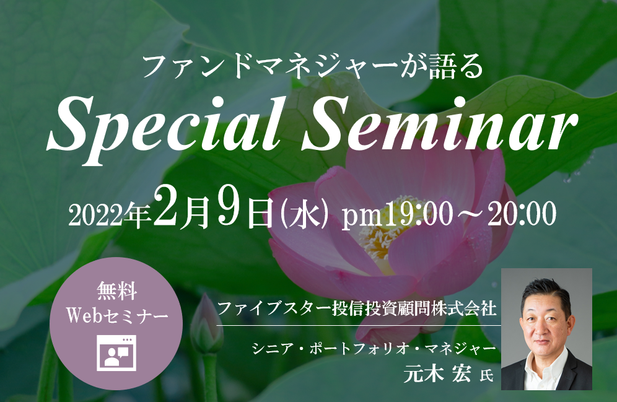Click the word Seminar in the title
point(440,124)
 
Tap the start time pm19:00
point(397,215)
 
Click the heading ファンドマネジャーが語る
point(313,66)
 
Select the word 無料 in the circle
point(117,292)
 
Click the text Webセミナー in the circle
point(117,315)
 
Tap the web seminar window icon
point(117,353)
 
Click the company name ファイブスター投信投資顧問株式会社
point(356,308)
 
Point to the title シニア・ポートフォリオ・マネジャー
point(374,349)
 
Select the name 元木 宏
point(437,374)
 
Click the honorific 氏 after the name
point(487,375)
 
